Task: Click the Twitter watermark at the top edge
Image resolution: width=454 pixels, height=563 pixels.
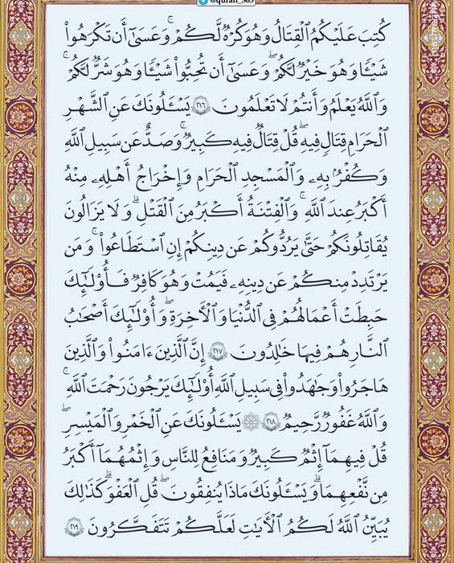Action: (227, 3)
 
